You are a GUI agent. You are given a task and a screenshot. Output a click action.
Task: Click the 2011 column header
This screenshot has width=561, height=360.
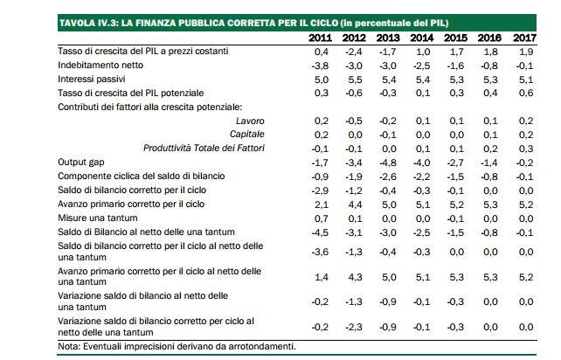click(321, 38)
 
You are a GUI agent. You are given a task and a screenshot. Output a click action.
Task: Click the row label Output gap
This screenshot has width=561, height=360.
click(81, 163)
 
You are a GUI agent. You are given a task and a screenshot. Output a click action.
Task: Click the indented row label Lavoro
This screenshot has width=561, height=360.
click(250, 121)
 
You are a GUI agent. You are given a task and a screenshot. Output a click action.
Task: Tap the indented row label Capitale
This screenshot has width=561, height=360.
click(246, 134)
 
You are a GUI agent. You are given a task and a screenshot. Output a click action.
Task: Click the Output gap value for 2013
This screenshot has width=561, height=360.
click(388, 163)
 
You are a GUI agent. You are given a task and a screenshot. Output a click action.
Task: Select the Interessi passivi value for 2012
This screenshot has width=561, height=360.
click(355, 79)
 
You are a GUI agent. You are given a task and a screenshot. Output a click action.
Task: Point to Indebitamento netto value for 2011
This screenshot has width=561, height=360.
click(321, 66)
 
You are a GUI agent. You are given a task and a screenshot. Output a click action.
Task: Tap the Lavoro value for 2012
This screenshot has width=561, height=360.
click(354, 121)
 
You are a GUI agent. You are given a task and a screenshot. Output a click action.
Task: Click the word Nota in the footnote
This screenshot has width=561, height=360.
click(67, 346)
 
